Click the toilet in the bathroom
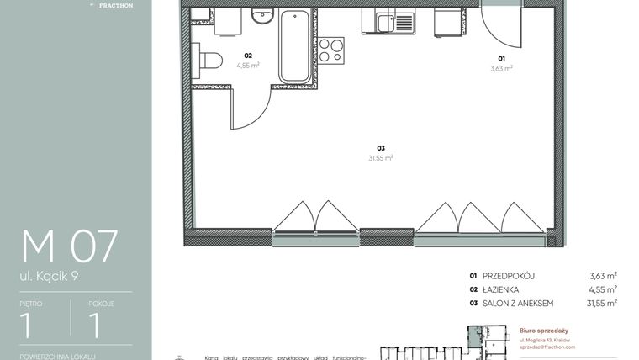209,60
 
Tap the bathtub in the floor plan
294,46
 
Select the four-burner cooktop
331,50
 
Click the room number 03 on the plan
381,148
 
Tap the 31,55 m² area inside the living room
381,157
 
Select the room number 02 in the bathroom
248,56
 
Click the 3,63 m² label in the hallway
502,68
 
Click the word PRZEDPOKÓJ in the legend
509,275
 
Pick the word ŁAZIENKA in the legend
502,289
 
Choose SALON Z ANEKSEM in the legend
518,303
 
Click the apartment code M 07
70,246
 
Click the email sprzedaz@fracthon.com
547,347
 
